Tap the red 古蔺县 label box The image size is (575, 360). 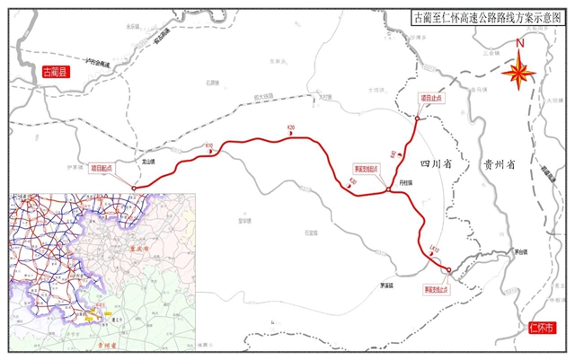49,70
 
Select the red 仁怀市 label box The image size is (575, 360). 544,329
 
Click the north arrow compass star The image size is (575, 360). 518,74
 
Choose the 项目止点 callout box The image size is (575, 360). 433,97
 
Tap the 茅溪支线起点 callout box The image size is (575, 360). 364,168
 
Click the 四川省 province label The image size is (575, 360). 436,162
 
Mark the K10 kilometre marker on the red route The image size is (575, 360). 209,146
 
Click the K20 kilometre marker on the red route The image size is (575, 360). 290,128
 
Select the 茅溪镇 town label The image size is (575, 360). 387,286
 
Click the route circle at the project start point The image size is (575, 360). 134,188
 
